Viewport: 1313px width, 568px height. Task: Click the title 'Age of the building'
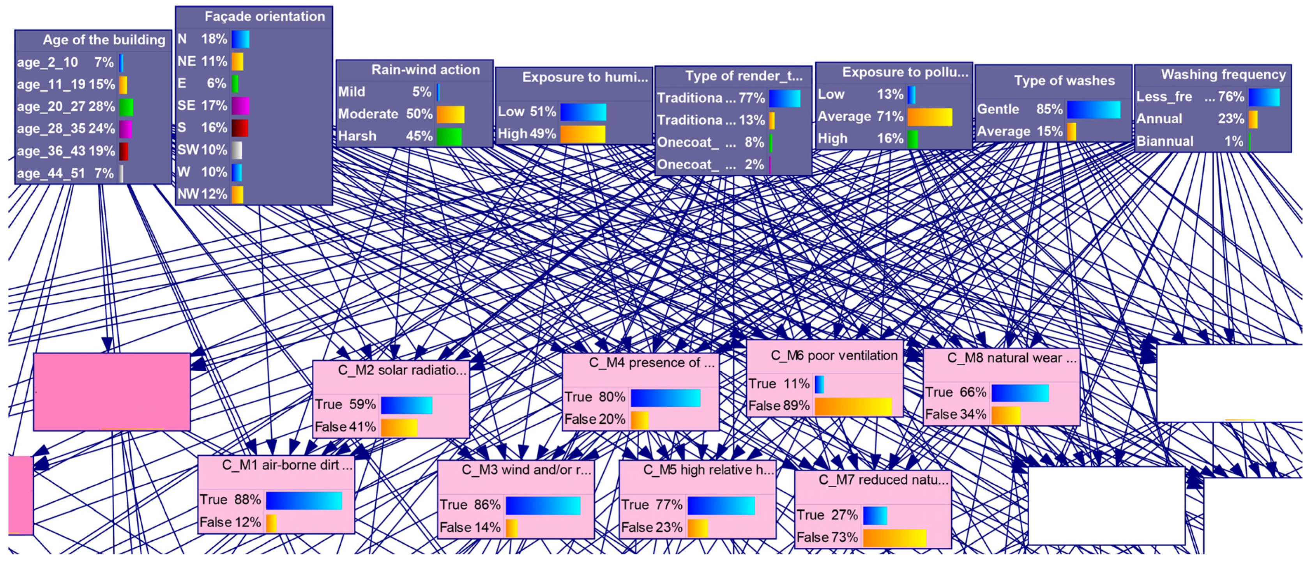click(104, 40)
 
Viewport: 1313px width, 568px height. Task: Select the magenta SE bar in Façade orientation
click(240, 106)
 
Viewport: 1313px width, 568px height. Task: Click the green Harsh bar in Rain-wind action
click(449, 136)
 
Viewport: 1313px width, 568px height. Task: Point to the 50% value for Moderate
click(419, 114)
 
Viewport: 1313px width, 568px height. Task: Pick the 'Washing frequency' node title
click(1223, 74)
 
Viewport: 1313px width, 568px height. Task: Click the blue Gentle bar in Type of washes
click(1093, 109)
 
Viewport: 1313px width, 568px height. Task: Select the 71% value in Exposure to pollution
click(890, 116)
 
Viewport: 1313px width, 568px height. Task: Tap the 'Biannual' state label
click(1165, 141)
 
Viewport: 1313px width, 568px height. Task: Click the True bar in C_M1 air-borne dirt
click(304, 500)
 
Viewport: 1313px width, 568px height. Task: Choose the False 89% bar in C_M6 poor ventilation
click(853, 406)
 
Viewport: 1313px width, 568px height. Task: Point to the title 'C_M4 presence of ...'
click(651, 363)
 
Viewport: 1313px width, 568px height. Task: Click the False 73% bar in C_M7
click(894, 538)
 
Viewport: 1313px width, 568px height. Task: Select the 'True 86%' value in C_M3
click(470, 505)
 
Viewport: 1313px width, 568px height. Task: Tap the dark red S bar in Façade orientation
click(240, 127)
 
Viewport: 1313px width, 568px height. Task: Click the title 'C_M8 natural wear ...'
click(1012, 358)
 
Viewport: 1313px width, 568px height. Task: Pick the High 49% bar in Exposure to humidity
click(583, 134)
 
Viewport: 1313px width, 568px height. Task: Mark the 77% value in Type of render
click(751, 98)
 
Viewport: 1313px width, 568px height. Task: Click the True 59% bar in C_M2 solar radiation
click(406, 405)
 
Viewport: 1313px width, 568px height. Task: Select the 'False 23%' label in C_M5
click(651, 527)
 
